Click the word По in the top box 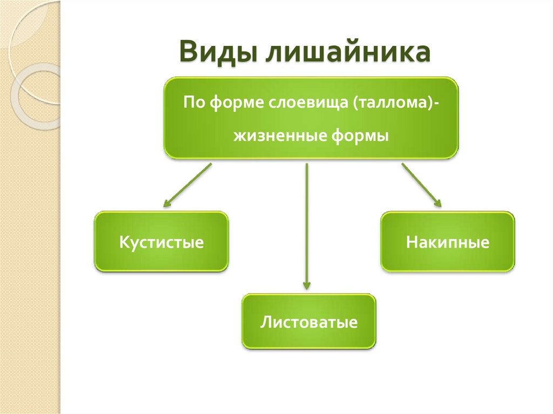(192, 103)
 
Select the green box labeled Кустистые (161, 241)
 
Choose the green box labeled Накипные (448, 241)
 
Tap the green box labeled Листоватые (309, 322)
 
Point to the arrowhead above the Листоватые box (307, 285)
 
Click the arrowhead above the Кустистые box (166, 204)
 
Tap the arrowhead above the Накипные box (438, 203)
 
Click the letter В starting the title (187, 53)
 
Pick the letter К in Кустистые (124, 242)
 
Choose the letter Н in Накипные (412, 242)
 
